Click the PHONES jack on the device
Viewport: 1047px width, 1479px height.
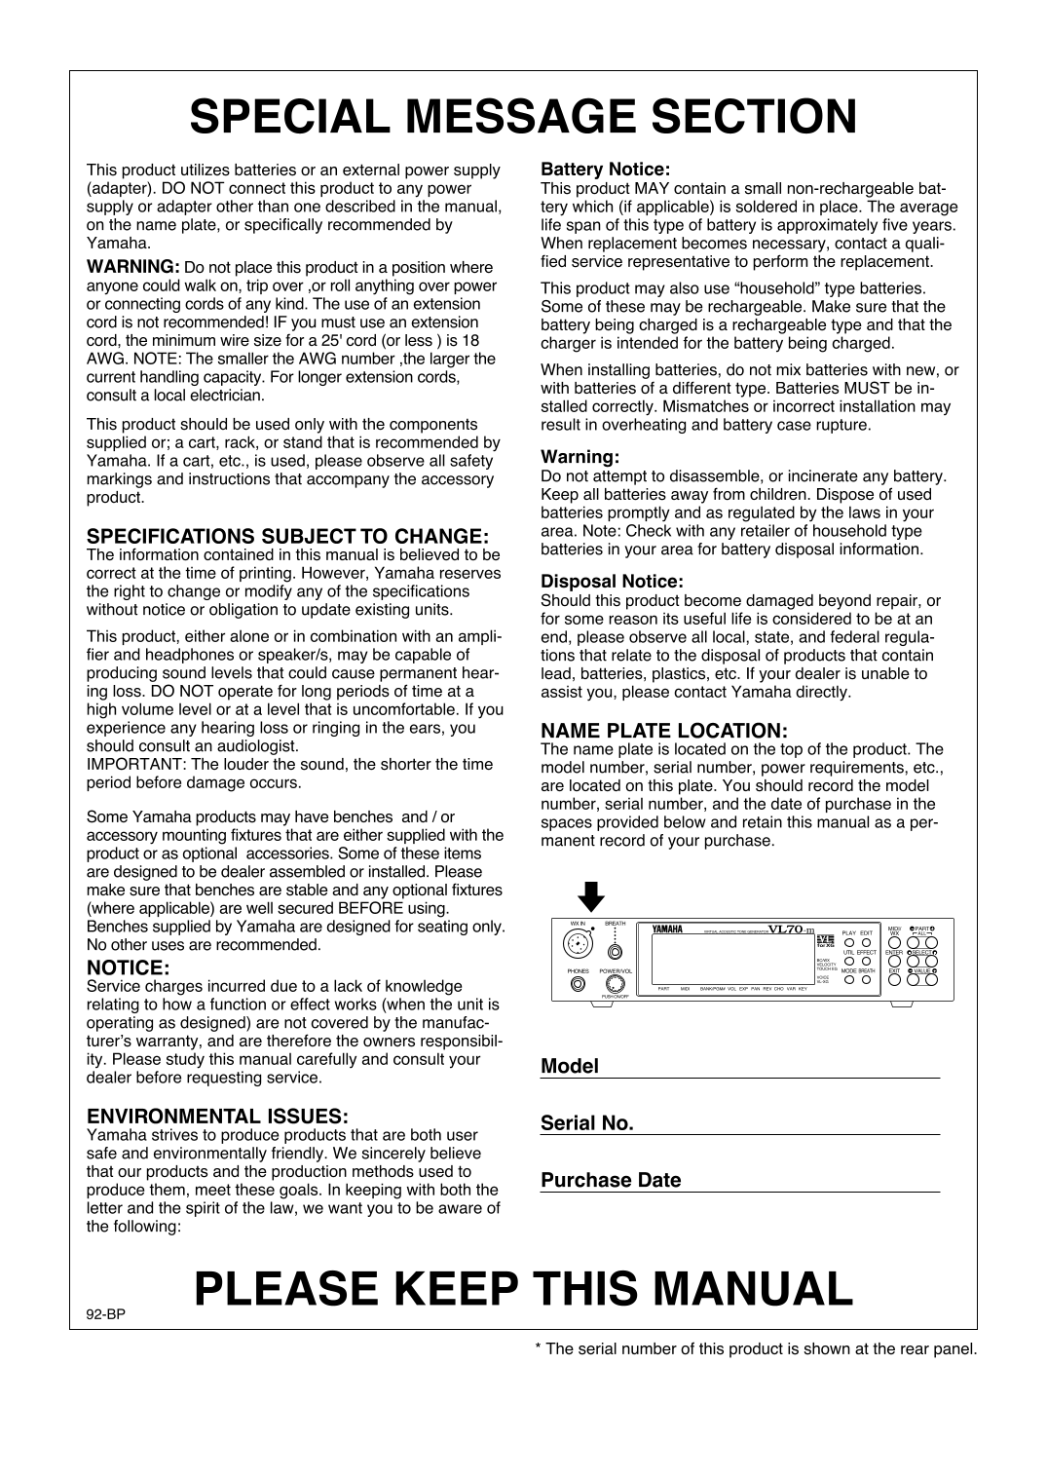[x=579, y=984]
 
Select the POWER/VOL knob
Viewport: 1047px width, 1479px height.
[x=616, y=984]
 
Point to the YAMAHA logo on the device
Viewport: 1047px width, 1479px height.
[x=667, y=928]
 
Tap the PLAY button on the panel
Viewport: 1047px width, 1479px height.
[x=849, y=943]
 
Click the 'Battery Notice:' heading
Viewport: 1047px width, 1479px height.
[x=606, y=170]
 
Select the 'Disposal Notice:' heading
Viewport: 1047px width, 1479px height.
[x=612, y=582]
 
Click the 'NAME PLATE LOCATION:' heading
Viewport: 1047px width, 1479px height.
[x=663, y=730]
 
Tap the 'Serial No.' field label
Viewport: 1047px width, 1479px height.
[x=587, y=1123]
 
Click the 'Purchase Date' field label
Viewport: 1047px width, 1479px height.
[x=611, y=1180]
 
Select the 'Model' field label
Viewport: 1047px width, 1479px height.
[x=570, y=1066]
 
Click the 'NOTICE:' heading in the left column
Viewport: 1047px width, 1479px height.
[x=129, y=967]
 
